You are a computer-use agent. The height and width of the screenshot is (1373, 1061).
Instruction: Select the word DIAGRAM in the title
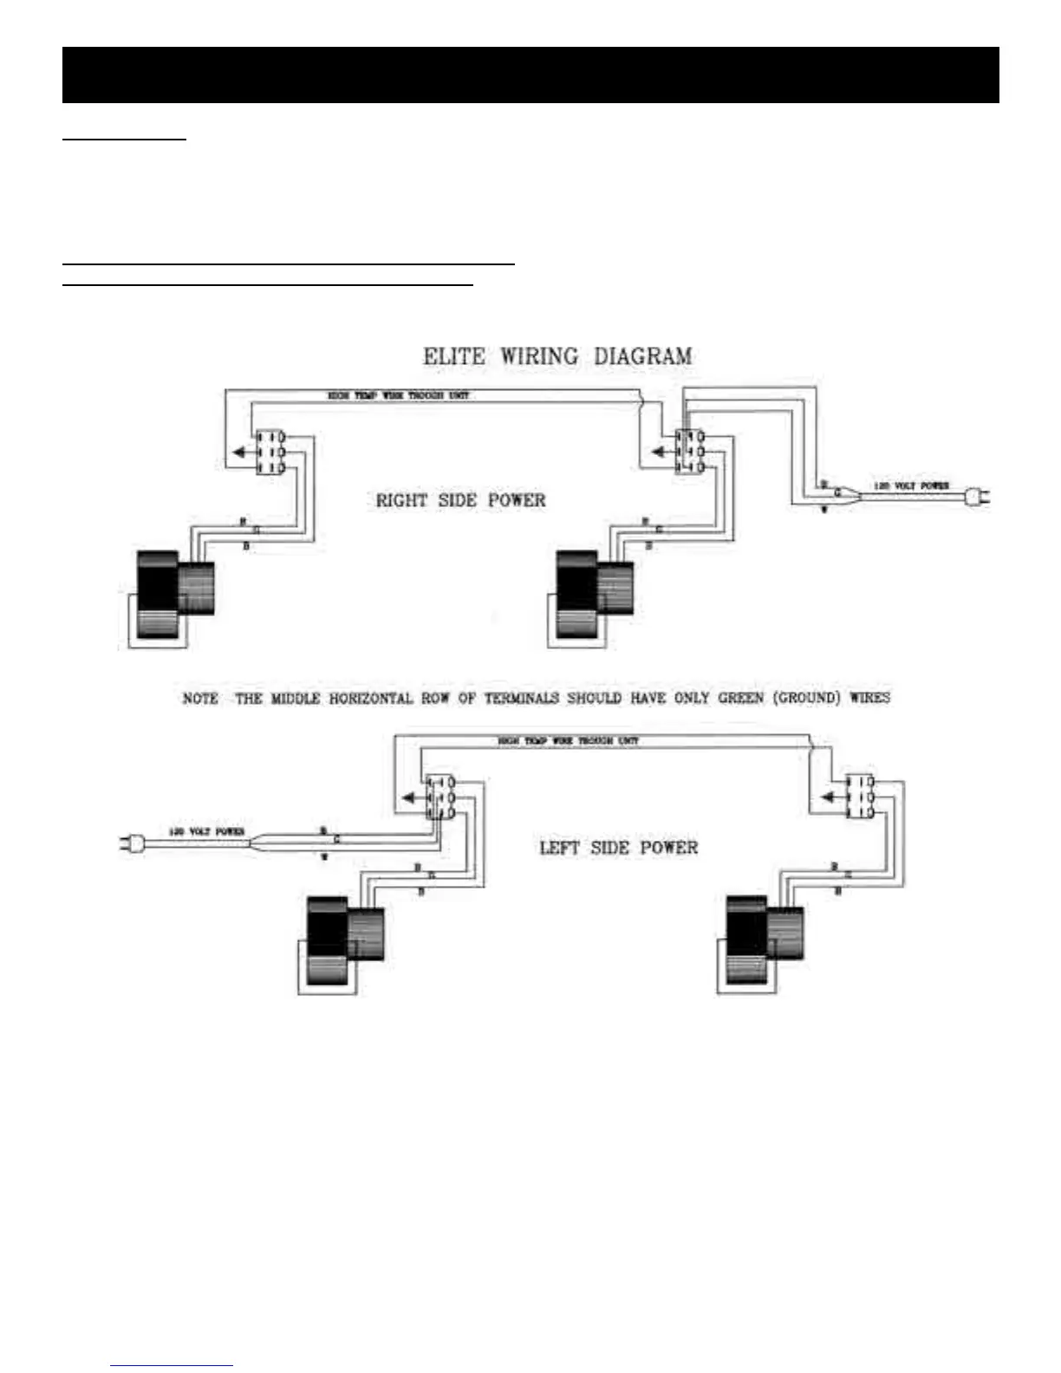pyautogui.click(x=642, y=356)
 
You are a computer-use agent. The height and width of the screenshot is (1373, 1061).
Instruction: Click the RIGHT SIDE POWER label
pyautogui.click(x=460, y=500)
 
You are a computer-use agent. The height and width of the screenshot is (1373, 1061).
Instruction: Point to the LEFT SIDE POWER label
pyautogui.click(x=618, y=847)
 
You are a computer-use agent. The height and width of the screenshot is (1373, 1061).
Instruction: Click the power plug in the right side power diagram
pyautogui.click(x=977, y=498)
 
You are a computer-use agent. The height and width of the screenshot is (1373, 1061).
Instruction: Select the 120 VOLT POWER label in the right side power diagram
pyautogui.click(x=910, y=486)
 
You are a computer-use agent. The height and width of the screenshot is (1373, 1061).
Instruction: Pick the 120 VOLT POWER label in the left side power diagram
pyautogui.click(x=206, y=832)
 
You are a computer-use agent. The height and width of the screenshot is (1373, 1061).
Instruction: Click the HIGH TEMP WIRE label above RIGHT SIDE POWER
pyautogui.click(x=398, y=395)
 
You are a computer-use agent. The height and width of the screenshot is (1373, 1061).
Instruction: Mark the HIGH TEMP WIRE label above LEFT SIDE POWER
pyautogui.click(x=568, y=741)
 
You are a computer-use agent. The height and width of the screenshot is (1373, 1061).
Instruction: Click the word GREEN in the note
pyautogui.click(x=740, y=698)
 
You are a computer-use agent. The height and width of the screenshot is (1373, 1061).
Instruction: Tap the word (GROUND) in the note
pyautogui.click(x=806, y=698)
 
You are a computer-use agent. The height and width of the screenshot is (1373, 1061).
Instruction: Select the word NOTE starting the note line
pyautogui.click(x=200, y=699)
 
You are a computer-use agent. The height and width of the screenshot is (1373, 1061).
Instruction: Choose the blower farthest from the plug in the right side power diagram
pyautogui.click(x=175, y=596)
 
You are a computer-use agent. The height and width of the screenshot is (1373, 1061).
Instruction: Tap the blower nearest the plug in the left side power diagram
pyautogui.click(x=345, y=943)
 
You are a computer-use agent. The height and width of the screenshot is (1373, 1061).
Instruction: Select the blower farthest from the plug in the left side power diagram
pyautogui.click(x=764, y=943)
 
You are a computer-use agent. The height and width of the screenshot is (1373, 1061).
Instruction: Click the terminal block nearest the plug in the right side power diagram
pyautogui.click(x=689, y=451)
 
